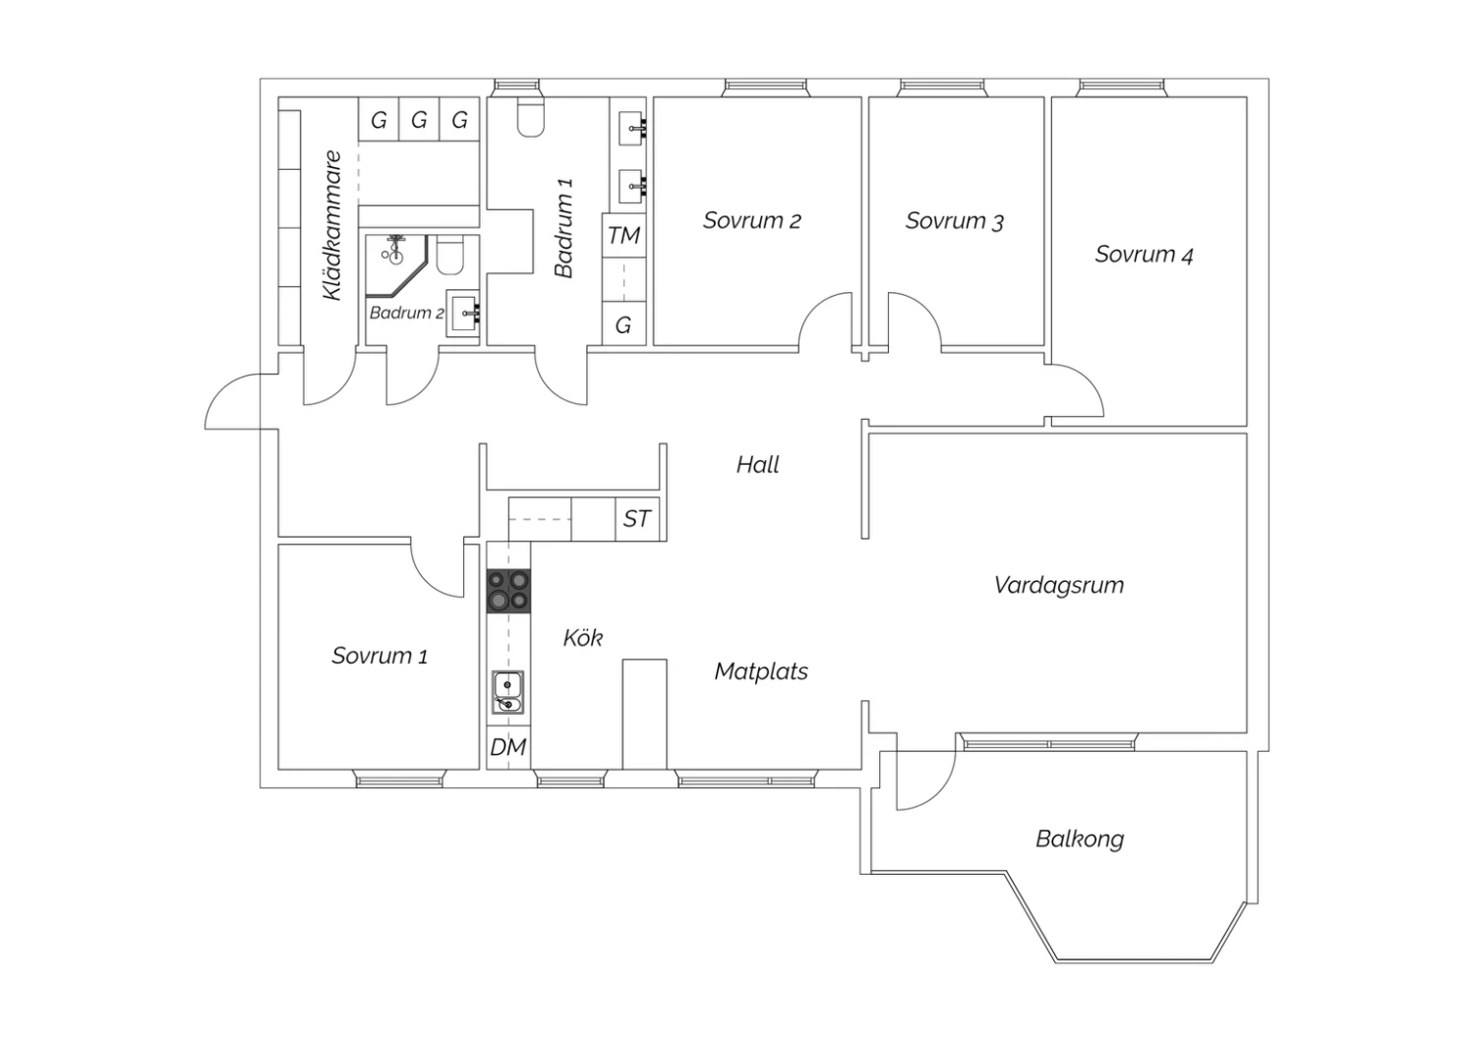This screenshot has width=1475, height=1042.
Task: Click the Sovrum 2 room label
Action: [751, 220]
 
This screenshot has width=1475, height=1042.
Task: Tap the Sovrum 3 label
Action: [954, 221]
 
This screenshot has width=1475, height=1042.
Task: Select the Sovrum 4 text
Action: [1144, 254]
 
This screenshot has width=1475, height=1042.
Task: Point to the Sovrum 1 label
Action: [380, 656]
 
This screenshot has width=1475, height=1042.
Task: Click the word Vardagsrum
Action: [1059, 585]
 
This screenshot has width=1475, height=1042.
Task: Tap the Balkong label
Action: [1080, 839]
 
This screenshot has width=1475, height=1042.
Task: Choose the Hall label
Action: [757, 465]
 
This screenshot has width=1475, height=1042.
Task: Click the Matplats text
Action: [761, 671]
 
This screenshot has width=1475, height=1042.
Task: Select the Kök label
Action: [583, 637]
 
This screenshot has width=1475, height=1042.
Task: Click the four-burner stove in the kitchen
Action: [508, 591]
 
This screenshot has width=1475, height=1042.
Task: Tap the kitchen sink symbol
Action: [508, 692]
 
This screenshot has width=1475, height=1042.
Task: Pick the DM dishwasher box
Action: [508, 747]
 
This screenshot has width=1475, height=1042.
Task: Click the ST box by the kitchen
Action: [637, 519]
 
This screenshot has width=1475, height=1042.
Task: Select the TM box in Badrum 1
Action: [623, 235]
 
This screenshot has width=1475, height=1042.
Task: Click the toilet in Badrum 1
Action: [530, 117]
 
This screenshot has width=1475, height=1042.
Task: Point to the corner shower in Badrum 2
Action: [397, 266]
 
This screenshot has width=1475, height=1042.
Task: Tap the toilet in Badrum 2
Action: [450, 256]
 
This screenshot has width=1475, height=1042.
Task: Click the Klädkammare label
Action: [332, 226]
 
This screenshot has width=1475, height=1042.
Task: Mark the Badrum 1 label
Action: [563, 228]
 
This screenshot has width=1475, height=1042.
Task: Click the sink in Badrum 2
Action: [463, 314]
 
